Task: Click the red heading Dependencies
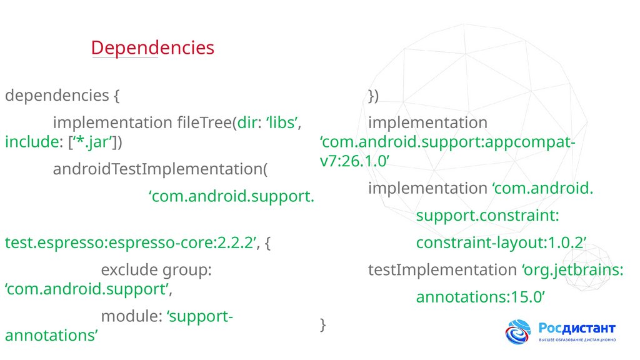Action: (x=152, y=47)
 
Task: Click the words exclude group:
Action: (x=157, y=270)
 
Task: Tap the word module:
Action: (x=131, y=316)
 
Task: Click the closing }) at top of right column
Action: (x=373, y=95)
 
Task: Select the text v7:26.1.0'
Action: (x=355, y=161)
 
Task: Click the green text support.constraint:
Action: (x=487, y=216)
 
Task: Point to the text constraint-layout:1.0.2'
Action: (x=501, y=242)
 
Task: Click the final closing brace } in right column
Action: (x=322, y=324)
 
